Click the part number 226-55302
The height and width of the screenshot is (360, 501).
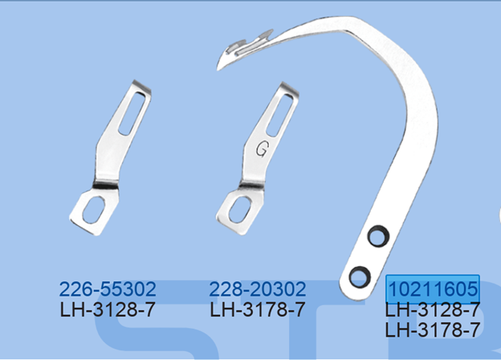point(108,288)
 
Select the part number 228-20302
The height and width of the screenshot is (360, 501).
point(258,288)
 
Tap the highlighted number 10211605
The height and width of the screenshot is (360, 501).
point(433,288)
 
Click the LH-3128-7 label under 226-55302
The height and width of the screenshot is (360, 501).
point(108,309)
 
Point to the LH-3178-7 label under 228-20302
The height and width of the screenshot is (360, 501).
point(258,309)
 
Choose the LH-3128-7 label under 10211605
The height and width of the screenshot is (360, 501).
point(433,309)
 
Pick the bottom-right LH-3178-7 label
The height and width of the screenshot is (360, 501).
point(433,329)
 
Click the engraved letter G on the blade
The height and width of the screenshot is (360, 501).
point(262,149)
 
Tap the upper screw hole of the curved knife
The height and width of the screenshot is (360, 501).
point(378,236)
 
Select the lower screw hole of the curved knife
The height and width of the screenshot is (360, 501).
point(360,276)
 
